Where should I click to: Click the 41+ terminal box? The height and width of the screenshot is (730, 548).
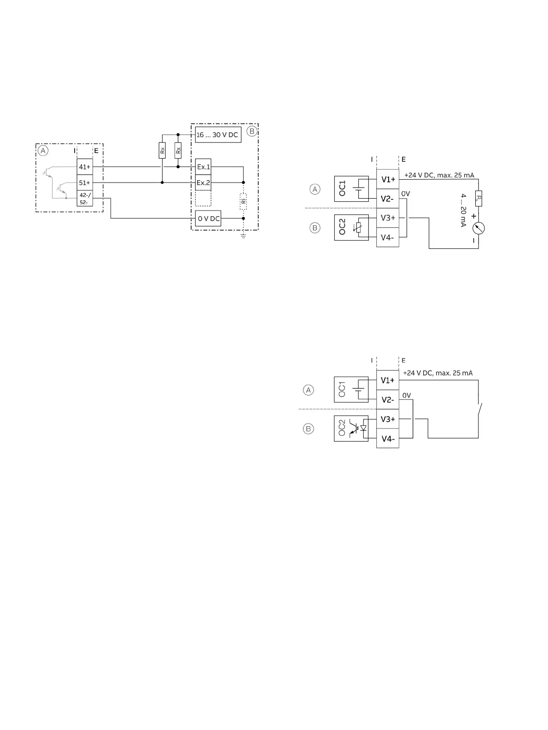[x=85, y=167]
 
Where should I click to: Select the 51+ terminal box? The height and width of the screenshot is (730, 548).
[x=85, y=183]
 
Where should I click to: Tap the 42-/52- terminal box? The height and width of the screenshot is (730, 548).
[x=85, y=199]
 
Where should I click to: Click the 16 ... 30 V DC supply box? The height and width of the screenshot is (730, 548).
[x=218, y=135]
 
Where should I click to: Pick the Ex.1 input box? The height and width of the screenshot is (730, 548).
[x=203, y=167]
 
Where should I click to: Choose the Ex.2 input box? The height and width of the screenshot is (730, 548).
[x=203, y=183]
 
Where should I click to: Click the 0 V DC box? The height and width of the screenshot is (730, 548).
[x=208, y=218]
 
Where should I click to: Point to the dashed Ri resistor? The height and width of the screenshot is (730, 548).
[x=243, y=201]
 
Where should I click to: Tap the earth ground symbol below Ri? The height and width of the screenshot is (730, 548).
[x=243, y=236]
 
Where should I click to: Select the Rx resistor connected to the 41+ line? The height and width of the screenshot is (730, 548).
[x=178, y=150]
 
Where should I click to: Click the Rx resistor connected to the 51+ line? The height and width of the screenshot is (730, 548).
[x=162, y=150]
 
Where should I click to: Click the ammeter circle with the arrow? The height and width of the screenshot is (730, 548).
[x=479, y=228]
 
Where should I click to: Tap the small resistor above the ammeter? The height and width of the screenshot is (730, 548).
[x=479, y=199]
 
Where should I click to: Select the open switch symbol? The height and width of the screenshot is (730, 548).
[x=481, y=408]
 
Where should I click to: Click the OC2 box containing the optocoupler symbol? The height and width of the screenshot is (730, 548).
[x=351, y=429]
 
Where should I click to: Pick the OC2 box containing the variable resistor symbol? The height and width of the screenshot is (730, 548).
[x=351, y=227]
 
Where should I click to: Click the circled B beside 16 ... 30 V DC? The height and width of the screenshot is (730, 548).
[x=251, y=131]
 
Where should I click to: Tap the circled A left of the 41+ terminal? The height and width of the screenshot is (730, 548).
[x=43, y=151]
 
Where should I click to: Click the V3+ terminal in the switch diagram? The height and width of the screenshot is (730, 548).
[x=388, y=419]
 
